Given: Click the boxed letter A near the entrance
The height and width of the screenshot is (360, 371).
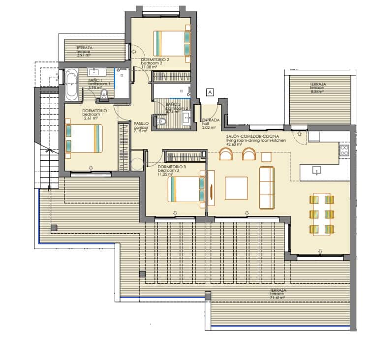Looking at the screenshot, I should coord(210,91).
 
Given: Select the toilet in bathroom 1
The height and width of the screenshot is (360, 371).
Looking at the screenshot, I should coord(104,94).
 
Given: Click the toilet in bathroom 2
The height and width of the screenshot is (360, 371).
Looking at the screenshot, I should coord(161,120).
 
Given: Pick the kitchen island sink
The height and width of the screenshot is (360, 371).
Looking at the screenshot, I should coord(317,170).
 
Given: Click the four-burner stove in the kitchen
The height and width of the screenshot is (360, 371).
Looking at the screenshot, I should coord(344,150).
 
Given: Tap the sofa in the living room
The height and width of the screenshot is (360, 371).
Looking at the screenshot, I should coord(267,187).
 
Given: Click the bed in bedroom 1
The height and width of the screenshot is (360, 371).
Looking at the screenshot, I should coord(84,138).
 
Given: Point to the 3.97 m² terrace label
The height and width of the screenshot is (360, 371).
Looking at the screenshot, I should coord(85,52).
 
